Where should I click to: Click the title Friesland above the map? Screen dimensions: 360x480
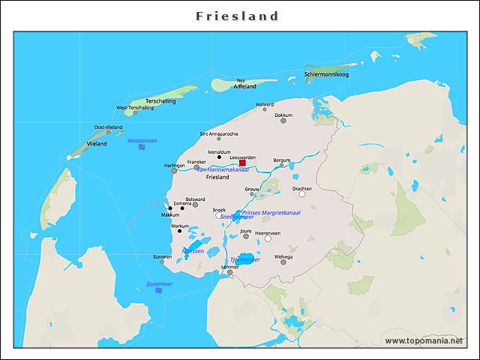coord(237,16)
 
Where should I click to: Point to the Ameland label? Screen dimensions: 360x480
coord(245,86)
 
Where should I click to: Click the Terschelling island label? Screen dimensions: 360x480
coord(160,100)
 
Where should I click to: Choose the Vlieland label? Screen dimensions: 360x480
coord(97,142)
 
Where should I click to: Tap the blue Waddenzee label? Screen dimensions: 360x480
coord(142,140)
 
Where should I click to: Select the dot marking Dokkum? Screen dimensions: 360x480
coord(283,121)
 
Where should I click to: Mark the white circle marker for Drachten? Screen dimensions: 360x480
coord(302,194)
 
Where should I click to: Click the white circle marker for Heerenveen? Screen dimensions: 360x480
coord(268,239)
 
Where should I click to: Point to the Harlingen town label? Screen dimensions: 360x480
coord(174,165)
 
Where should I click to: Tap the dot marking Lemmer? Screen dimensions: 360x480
coord(229,272)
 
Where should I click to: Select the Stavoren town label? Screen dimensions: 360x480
coord(162,256)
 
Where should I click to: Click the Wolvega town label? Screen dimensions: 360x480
coord(283,256)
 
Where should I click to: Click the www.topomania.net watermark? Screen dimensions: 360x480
coord(424,340)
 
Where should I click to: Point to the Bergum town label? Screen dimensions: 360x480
coord(281,160)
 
